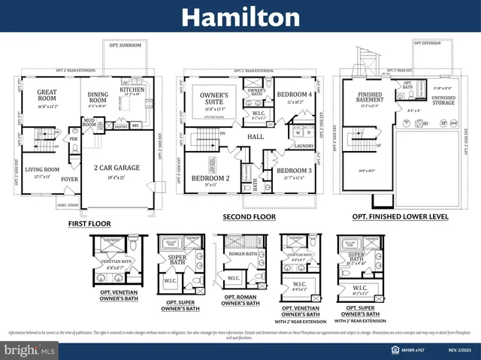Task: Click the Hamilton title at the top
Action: (240, 17)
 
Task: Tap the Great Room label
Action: (47, 96)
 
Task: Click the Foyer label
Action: (69, 179)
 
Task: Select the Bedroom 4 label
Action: (289, 95)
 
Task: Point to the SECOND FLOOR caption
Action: (249, 216)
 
